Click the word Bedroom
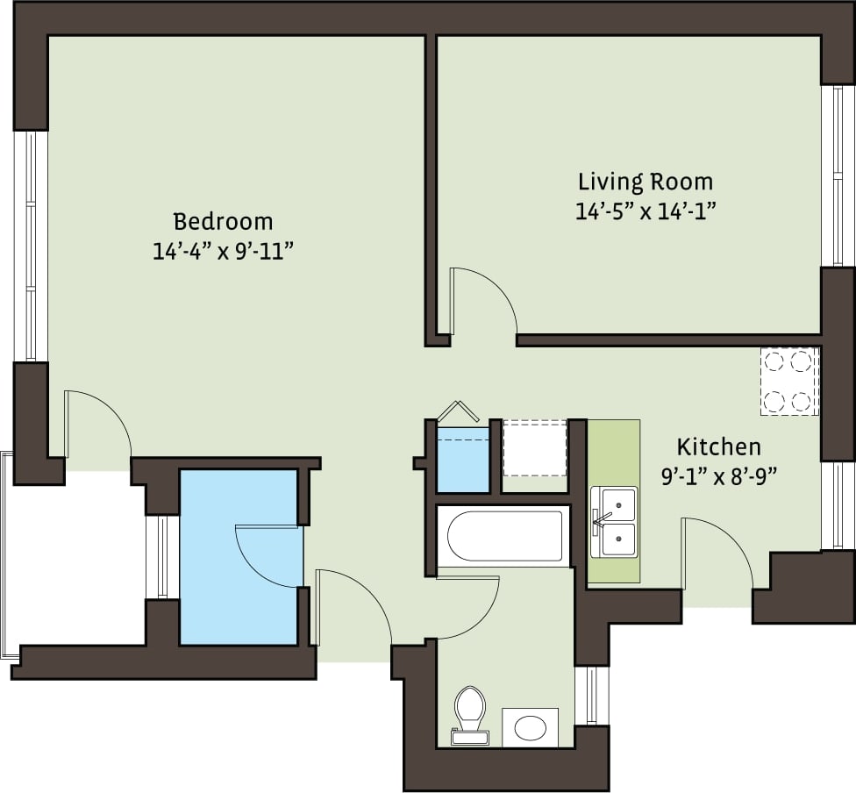222,221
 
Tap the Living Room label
645,182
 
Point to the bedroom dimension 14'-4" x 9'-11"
222,252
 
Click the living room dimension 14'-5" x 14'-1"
645,211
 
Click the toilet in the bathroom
470,711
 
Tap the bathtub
504,535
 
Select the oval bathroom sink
530,727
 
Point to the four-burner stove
788,381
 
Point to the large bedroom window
32,246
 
